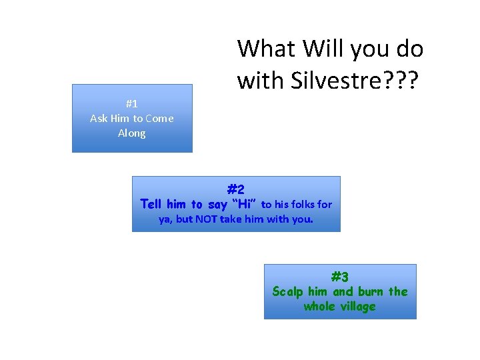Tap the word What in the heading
[x=265, y=49]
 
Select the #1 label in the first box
[x=131, y=103]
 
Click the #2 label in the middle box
[x=236, y=189]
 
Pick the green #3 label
[x=340, y=277]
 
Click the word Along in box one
[x=131, y=133]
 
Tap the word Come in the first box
[x=160, y=118]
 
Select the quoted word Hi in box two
[x=242, y=204]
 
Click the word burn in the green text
[x=370, y=291]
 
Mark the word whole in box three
[x=319, y=306]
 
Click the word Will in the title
[x=322, y=49]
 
